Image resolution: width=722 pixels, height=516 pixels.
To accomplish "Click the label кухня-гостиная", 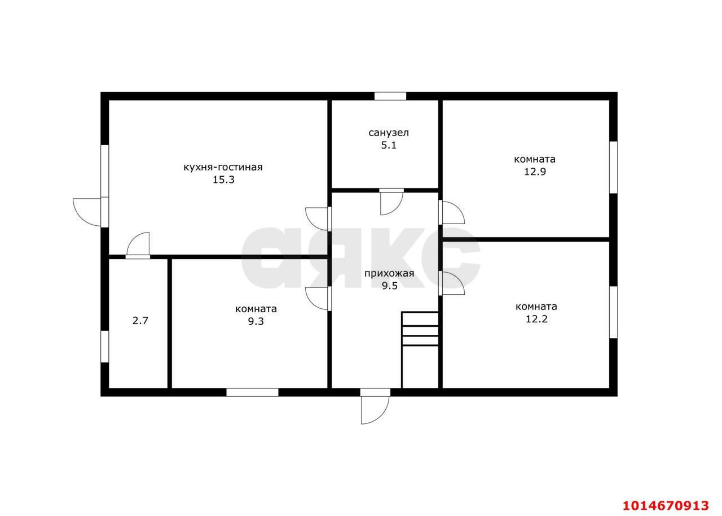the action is point(223,167).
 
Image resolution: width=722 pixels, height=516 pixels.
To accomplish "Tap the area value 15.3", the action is point(223,180).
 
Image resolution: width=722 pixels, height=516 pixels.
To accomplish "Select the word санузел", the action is point(389,133).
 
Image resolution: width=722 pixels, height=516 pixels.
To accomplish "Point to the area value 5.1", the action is point(389,146).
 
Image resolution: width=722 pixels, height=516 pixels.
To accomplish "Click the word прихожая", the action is point(389,273).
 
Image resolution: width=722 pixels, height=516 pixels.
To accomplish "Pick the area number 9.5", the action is point(390,286).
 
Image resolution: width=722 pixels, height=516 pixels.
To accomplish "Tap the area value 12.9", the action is point(535,172).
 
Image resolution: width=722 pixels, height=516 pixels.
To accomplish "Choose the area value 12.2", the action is point(536,319).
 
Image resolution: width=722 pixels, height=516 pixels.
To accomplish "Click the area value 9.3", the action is point(256,322).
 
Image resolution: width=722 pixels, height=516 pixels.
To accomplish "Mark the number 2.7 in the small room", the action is point(140,321).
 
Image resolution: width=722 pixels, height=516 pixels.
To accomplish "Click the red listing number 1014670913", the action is point(666,497).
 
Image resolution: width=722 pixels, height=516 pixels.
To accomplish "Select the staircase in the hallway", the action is point(420,350).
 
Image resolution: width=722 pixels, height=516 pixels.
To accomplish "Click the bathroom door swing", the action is point(391,202).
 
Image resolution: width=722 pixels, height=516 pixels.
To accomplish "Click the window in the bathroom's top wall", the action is point(390,96).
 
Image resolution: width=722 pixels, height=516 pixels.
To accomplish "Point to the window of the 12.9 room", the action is point(613,167).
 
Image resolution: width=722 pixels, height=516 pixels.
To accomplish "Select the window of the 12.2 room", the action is point(613,312).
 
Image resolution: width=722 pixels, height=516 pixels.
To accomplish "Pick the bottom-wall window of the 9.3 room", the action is point(252,392).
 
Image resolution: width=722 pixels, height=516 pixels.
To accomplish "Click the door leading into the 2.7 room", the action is point(138,246).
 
